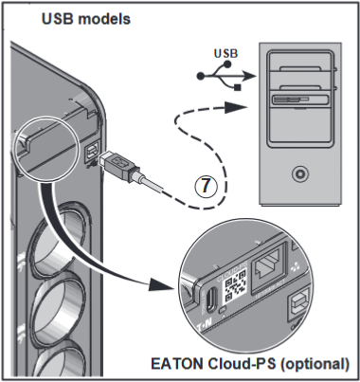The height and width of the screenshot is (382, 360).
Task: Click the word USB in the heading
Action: point(58,19)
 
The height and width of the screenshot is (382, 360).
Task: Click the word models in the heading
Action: point(104,19)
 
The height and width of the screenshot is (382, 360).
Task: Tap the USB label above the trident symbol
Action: point(225,53)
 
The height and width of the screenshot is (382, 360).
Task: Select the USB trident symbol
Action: point(225,76)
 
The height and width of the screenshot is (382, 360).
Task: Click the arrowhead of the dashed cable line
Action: point(236,108)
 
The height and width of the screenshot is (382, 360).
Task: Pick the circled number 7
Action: point(206,186)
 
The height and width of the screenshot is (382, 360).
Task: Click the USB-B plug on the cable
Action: point(119,163)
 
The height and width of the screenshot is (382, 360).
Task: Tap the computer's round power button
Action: point(299,173)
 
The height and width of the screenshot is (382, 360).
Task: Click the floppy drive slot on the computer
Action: point(299,100)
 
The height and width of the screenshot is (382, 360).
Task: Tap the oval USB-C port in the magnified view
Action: point(211,300)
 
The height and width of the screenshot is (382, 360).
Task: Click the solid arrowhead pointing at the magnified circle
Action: point(161,284)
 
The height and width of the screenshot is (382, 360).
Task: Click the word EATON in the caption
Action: point(177,364)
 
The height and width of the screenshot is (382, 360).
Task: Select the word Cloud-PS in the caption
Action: point(242,364)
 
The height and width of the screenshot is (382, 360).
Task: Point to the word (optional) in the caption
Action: point(315,364)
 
